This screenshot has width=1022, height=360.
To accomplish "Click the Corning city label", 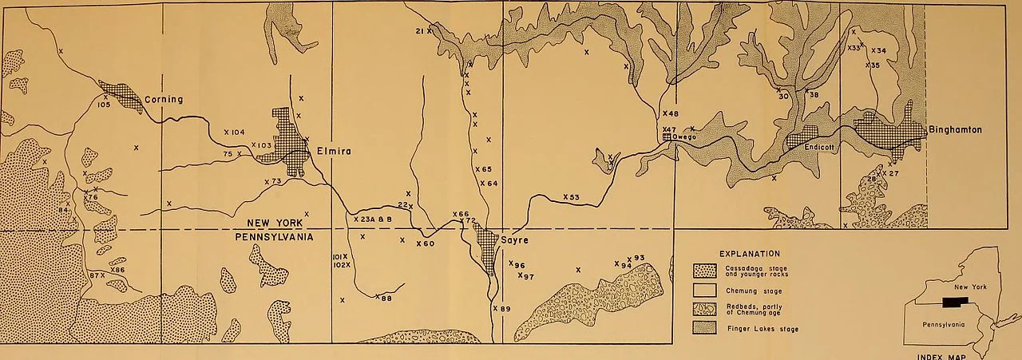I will (x=164, y=100).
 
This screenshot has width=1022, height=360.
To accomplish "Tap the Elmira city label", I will (x=334, y=151).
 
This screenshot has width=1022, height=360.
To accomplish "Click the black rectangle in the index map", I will (x=953, y=302).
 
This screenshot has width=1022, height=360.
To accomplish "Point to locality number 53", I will (x=574, y=196).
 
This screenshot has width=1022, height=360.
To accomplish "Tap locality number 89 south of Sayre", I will (x=505, y=308).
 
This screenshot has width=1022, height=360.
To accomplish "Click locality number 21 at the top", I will (x=419, y=31).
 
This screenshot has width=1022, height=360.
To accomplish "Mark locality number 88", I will (x=386, y=299).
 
